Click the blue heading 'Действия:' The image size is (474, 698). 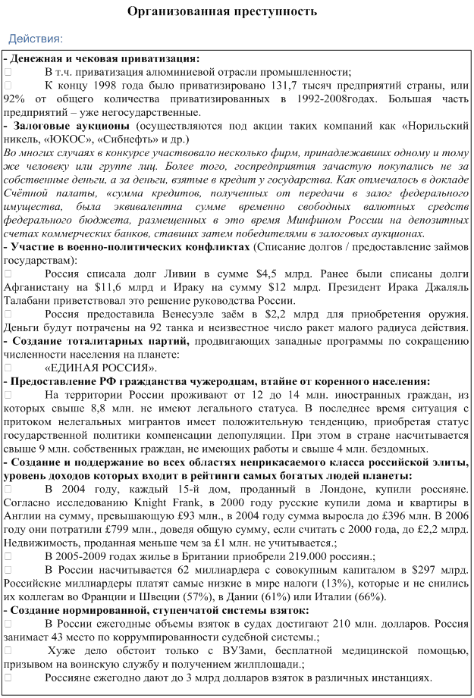point(36,38)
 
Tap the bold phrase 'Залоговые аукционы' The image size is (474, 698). point(70,126)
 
